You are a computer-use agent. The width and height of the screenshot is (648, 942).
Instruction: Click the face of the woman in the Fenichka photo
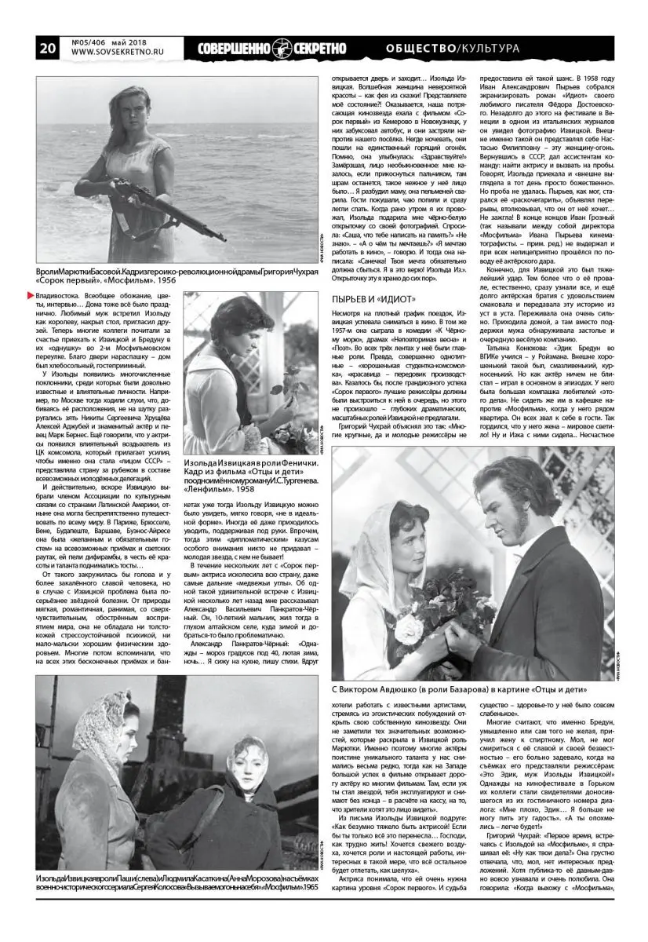[235, 330]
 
